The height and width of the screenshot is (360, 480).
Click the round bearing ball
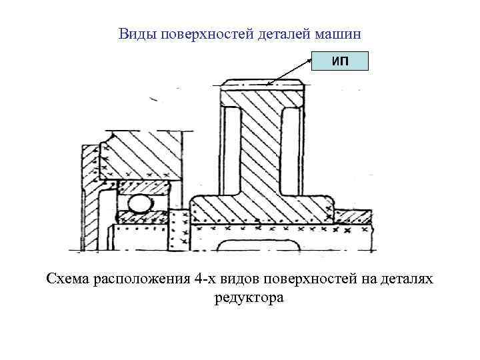pyautogui.click(x=139, y=205)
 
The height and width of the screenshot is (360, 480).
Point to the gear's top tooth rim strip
pyautogui.click(x=263, y=85)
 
